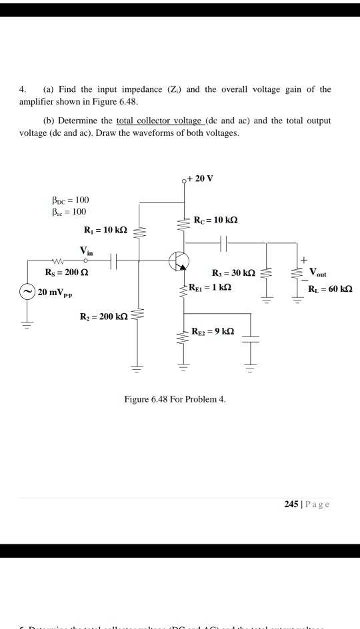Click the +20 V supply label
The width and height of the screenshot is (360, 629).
click(201, 179)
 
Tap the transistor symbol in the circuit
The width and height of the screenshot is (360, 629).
click(178, 261)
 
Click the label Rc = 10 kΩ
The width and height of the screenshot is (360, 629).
click(215, 220)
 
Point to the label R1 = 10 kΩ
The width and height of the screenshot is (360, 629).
click(105, 231)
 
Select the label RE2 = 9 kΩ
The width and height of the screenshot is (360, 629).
click(213, 331)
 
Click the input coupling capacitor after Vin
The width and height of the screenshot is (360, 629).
click(113, 262)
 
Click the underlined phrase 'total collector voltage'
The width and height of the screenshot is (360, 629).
click(158, 122)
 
